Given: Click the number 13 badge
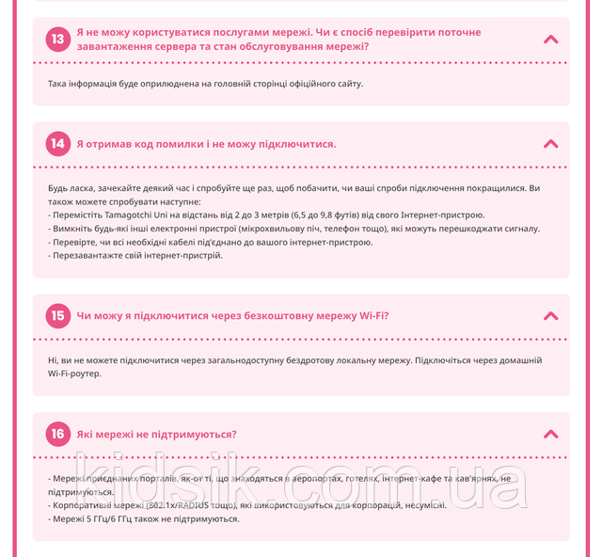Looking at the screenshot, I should [58, 40].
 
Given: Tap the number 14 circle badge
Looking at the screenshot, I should [58, 144].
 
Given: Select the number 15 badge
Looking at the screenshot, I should [58, 316].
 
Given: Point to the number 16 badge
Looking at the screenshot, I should [58, 434].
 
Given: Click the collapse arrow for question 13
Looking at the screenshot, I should [551, 40].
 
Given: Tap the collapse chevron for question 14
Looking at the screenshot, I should [551, 144].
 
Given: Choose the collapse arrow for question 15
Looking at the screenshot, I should [551, 316].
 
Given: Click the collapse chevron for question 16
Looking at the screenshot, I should [551, 434].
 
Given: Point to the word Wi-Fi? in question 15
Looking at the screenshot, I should [374, 316].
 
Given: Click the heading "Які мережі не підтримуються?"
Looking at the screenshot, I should [156, 434].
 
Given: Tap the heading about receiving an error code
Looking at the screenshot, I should [206, 144].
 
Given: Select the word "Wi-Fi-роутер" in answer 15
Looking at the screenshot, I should [74, 374].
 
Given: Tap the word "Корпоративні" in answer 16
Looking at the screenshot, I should [81, 505].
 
